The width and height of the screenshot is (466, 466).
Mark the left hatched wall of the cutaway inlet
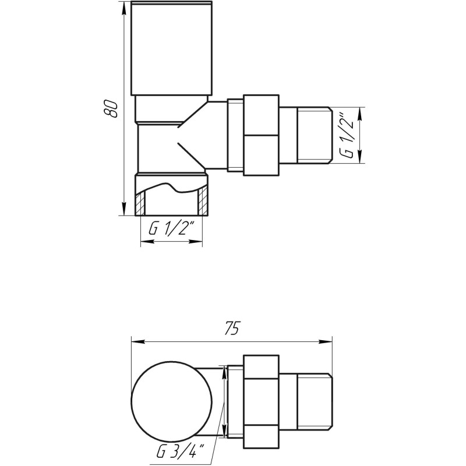coord(140,202)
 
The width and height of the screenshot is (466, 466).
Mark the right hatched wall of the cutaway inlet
coord(203,202)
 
